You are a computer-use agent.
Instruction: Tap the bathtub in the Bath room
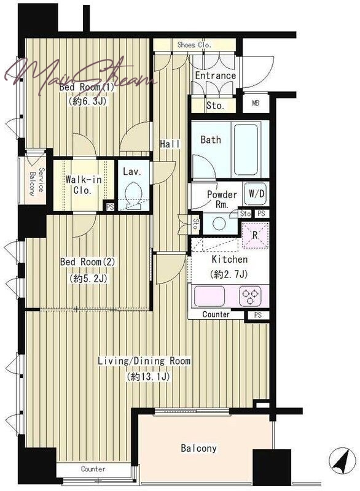tap(246, 149)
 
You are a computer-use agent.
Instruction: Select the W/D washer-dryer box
tap(256, 194)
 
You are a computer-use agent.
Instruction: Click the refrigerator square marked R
tap(256, 235)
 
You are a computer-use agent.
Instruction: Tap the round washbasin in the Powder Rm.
tap(219, 223)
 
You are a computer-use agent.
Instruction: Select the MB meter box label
tap(256, 102)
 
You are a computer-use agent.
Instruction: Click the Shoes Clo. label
tap(194, 45)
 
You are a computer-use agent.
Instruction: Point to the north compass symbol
tap(342, 461)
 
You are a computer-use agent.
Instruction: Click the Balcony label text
tap(198, 448)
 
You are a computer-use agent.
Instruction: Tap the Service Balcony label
tap(37, 182)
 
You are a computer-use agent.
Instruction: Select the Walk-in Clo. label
tap(84, 185)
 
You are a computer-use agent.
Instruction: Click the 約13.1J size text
tap(149, 376)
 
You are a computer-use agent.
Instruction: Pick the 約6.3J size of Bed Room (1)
tap(87, 101)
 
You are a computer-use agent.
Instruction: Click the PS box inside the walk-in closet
tap(110, 207)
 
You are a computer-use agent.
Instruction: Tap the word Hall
tap(170, 144)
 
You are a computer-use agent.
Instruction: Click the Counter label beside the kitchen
tap(216, 314)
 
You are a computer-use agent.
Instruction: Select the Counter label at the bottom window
tap(93, 469)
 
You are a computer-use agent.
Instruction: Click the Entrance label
tap(215, 75)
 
